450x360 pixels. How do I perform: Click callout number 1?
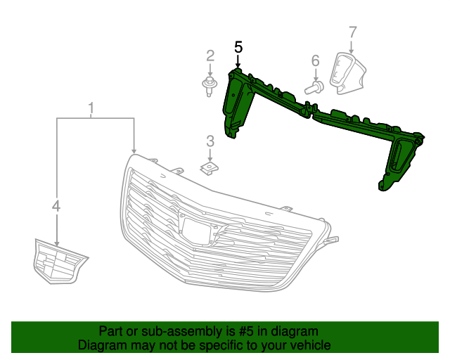pos(91,108)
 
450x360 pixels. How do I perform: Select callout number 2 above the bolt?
pos(210,56)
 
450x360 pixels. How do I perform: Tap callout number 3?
pos(210,141)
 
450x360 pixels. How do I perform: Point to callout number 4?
pos(56,205)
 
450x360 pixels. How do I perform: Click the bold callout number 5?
pos(238,47)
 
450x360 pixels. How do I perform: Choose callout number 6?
pos(315,61)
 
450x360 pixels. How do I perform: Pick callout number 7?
pos(352,32)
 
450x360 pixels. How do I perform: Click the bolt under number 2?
pos(209,87)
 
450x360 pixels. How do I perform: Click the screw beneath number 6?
pos(314,88)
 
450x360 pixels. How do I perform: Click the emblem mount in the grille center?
pos(198,229)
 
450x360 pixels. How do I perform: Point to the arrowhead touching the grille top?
pos(134,151)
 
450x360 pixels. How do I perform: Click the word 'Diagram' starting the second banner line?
pos(99,345)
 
